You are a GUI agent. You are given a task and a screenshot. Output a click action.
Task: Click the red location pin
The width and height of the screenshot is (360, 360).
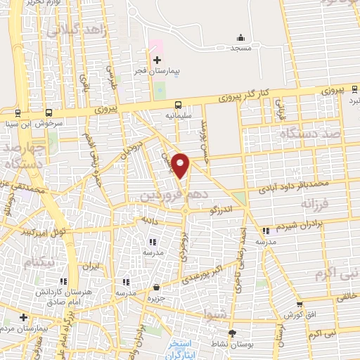pyautogui.click(x=181, y=165)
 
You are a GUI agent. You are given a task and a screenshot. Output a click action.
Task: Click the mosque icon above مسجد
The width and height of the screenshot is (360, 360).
pyautogui.click(x=241, y=38)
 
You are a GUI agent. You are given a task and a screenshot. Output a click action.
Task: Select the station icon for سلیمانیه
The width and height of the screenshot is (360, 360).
pyautogui.click(x=178, y=103)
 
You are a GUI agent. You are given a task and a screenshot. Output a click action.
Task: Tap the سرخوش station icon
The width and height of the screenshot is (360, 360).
pyautogui.click(x=49, y=112)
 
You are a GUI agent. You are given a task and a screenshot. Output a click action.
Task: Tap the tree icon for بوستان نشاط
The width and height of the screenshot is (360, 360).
pyautogui.click(x=233, y=334)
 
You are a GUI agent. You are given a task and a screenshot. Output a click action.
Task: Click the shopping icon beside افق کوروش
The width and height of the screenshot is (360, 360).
pyautogui.click(x=300, y=304)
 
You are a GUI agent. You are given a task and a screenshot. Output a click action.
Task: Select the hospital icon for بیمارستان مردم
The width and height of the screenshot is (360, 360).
pyautogui.click(x=23, y=317)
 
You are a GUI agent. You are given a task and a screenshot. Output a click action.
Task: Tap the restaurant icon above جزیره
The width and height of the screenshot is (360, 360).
pyautogui.click(x=156, y=287)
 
